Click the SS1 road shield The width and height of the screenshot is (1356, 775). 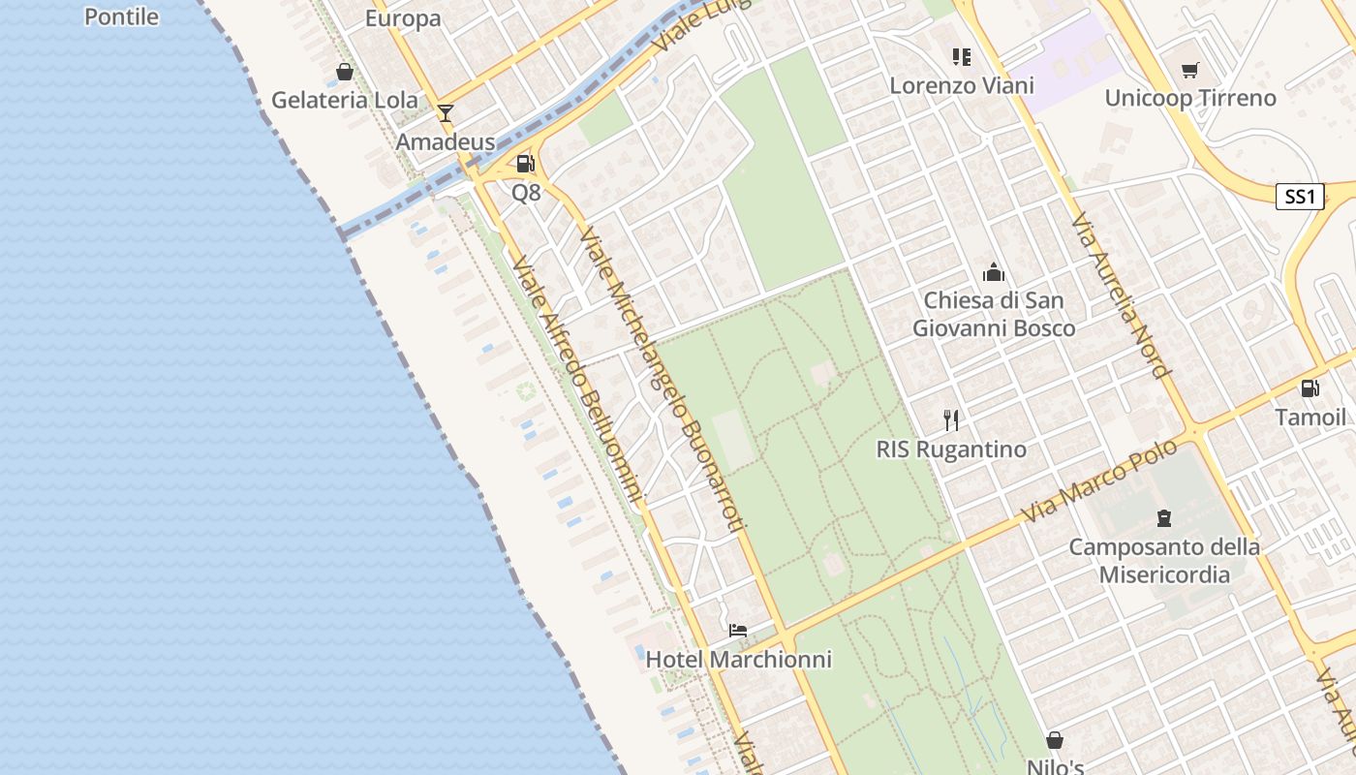pos(1299,198)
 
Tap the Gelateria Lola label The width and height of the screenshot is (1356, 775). pos(345,100)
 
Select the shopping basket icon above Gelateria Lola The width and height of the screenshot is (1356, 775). pos(344,72)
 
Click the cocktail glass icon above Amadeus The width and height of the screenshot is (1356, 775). pos(445,113)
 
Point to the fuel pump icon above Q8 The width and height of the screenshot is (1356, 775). pos(526,164)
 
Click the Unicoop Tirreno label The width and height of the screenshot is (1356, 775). pos(1190,98)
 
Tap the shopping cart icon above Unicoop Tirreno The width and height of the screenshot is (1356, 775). pos(1190,70)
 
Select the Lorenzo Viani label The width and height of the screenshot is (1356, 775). pos(962,85)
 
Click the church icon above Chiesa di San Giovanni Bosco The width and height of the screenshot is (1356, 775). pos(994,272)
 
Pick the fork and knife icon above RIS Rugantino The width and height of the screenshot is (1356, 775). pos(951,420)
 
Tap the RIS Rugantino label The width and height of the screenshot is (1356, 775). pos(951,449)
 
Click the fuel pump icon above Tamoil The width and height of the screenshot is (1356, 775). pos(1310,388)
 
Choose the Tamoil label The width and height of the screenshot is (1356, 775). pos(1310,418)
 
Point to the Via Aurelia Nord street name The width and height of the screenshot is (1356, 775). pos(1122,296)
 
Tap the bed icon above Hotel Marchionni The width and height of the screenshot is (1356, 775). pos(738,631)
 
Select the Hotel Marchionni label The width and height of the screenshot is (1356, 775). pos(738,660)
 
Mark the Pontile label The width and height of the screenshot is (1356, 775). pos(122,15)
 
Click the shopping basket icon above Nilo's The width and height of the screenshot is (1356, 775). pos(1055,741)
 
